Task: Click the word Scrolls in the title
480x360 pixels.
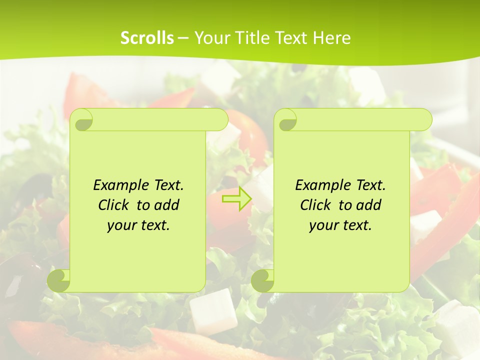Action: coord(147,38)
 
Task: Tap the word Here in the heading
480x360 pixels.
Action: coord(331,38)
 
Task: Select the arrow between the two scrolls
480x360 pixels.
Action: coord(237,198)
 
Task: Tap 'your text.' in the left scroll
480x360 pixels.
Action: coord(138,225)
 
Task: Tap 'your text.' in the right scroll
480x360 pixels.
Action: coord(340,225)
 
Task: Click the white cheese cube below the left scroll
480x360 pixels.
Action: coord(213,311)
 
